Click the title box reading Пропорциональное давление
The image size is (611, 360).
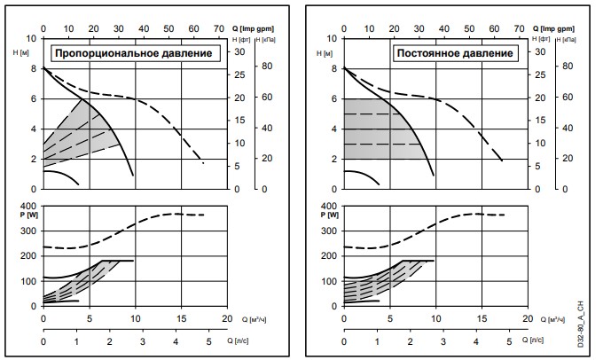134,53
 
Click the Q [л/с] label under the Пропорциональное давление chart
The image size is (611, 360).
251,340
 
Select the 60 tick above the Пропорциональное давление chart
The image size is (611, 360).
194,29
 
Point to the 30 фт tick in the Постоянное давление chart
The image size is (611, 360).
537,51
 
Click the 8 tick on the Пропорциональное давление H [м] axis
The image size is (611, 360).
33,68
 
